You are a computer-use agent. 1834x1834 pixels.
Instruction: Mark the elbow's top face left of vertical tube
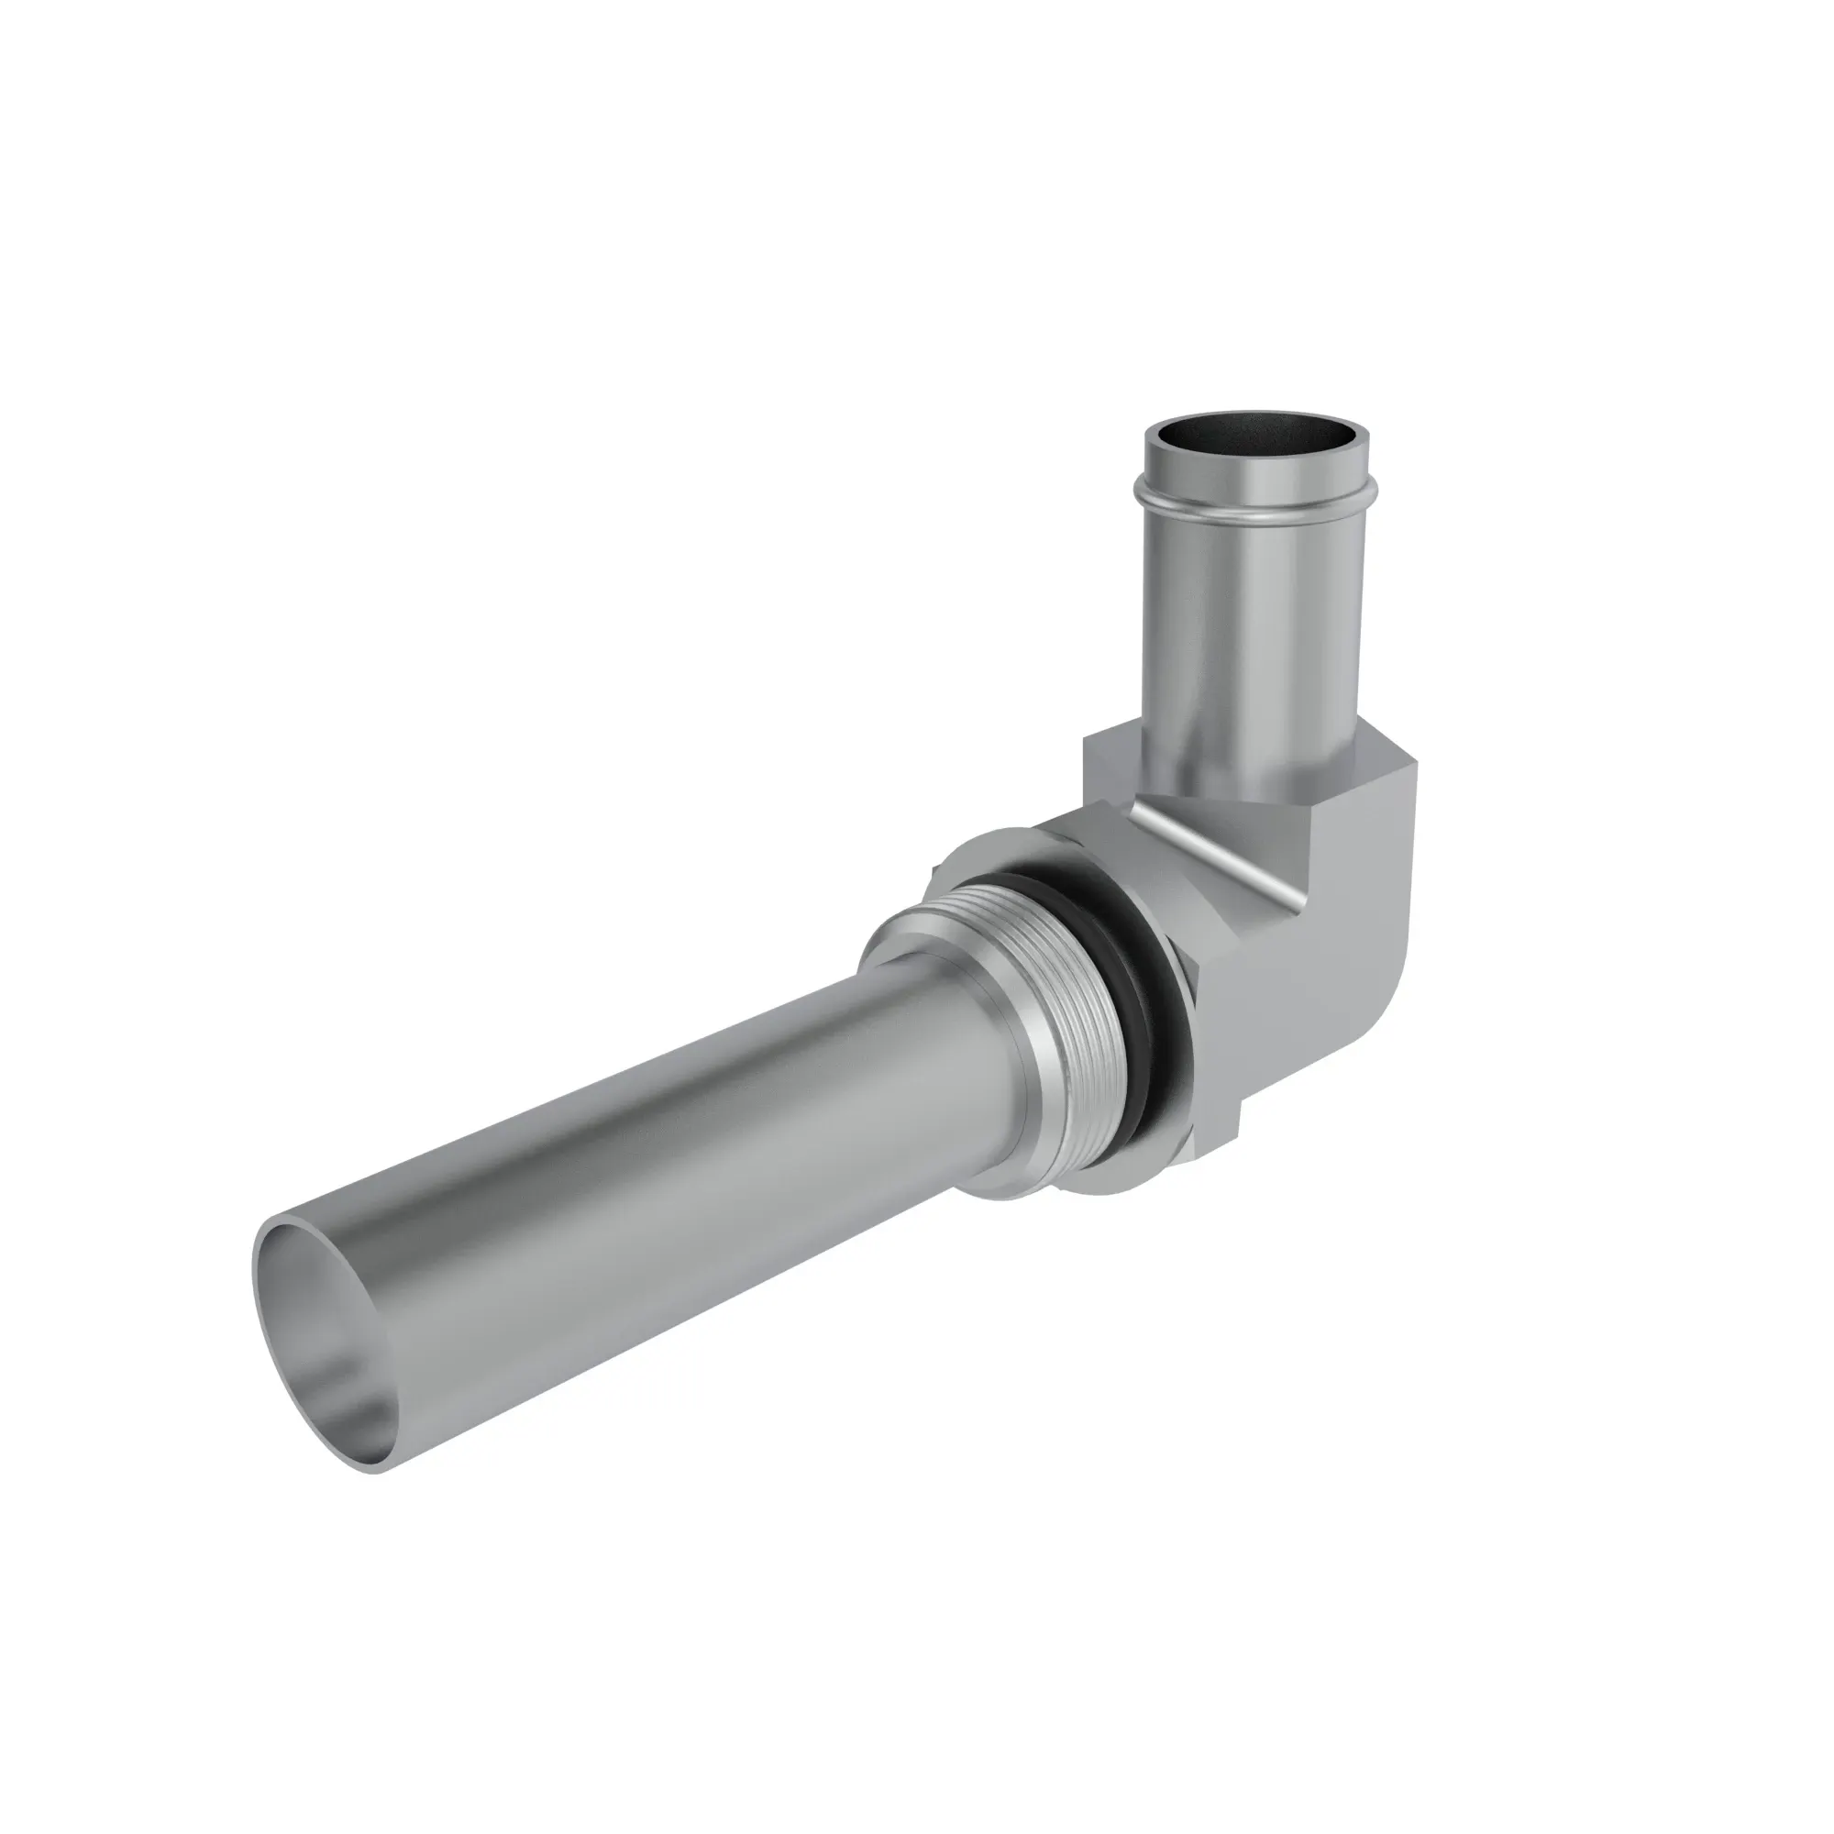(x=1110, y=750)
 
